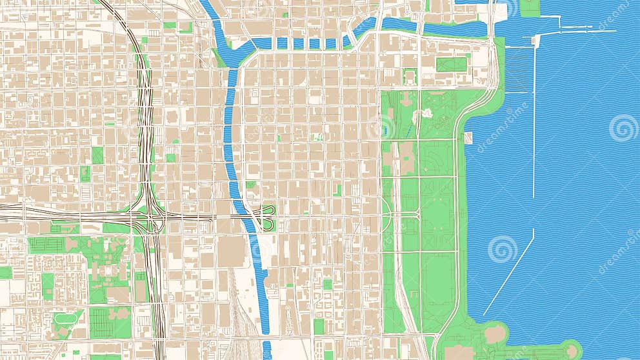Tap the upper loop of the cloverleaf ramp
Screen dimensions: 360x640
point(268,210)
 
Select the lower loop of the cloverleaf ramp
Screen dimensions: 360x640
point(268,224)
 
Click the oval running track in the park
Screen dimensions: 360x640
point(67,318)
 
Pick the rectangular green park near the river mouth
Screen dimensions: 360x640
point(452,65)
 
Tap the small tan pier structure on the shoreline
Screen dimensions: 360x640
point(468,137)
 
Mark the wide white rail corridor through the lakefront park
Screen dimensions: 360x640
point(400,271)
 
